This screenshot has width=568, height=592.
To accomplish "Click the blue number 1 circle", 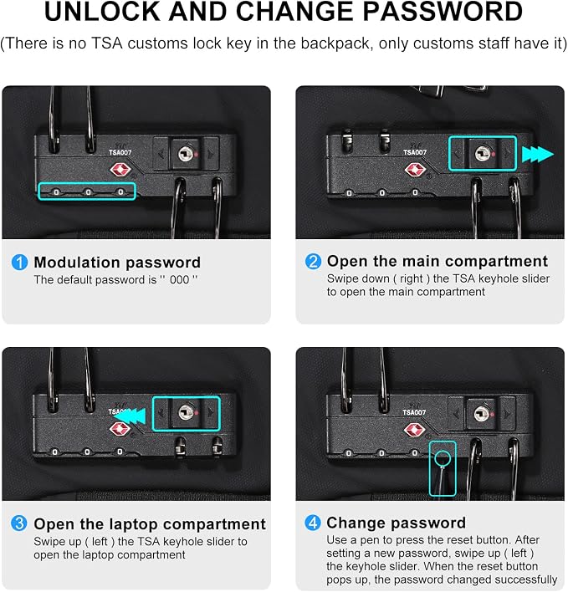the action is (19, 262).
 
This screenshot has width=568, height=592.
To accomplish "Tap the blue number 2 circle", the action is (313, 261).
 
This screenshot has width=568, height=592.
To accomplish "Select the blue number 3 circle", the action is (19, 523).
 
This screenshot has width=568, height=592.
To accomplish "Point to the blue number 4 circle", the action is (313, 523).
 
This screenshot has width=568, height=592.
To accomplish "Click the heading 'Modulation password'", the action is (117, 262).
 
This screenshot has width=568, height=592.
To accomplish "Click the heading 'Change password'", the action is (397, 523).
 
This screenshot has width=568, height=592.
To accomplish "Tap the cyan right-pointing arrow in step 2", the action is (537, 155).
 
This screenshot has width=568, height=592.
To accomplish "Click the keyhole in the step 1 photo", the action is (186, 154).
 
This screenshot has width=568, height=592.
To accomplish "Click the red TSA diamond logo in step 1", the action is (120, 170).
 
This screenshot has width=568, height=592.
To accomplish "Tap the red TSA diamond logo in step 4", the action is (414, 430).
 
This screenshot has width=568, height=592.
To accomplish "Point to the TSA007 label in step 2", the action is (415, 152).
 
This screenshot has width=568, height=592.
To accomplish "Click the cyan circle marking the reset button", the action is (443, 458).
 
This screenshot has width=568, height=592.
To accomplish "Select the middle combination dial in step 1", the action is (89, 192).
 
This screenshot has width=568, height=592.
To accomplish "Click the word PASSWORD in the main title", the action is (443, 12).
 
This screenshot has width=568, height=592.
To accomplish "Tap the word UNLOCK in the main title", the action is (102, 12).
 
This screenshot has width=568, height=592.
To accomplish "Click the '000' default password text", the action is (179, 280).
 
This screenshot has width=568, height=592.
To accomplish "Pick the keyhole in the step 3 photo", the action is (186, 412).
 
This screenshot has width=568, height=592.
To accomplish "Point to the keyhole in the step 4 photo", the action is (481, 414).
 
